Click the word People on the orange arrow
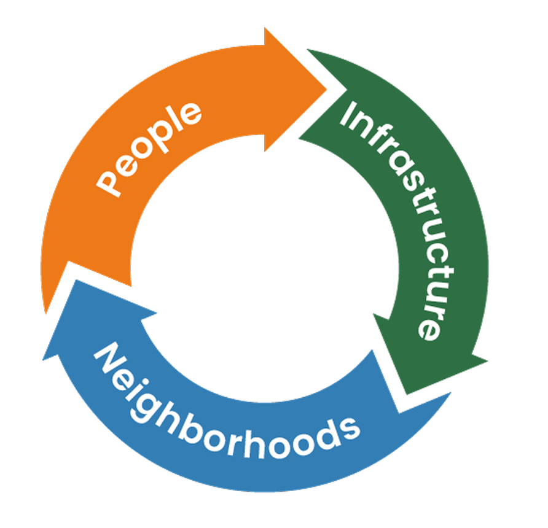pyautogui.click(x=150, y=149)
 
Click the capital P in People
pyautogui.click(x=109, y=182)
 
